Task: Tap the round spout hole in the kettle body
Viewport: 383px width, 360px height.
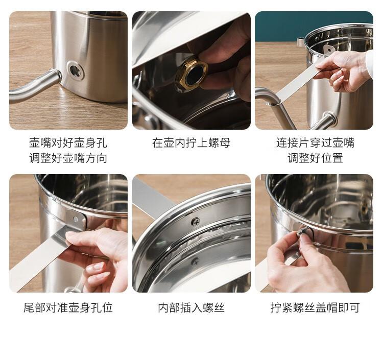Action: click(76, 70)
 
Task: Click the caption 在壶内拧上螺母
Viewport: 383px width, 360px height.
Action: click(191, 142)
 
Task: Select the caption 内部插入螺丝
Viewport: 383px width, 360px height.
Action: click(191, 307)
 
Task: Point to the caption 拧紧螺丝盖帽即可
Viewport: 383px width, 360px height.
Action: click(315, 307)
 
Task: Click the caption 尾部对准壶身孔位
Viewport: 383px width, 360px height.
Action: click(68, 307)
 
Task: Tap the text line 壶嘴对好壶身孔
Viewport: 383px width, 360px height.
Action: click(68, 142)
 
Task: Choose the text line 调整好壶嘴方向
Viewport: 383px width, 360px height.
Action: click(68, 158)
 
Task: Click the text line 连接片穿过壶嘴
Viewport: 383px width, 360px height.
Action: click(315, 142)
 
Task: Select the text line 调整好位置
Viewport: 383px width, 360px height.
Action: click(315, 158)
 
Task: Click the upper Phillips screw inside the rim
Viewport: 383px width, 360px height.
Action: click(196, 222)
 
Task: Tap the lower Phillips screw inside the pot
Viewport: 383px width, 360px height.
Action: click(195, 261)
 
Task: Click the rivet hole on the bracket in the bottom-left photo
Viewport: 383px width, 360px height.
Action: click(76, 219)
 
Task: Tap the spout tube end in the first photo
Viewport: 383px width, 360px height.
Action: click(56, 76)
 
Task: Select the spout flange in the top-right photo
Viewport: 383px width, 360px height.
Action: click(330, 119)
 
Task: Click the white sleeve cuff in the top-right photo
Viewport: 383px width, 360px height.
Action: click(369, 63)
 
